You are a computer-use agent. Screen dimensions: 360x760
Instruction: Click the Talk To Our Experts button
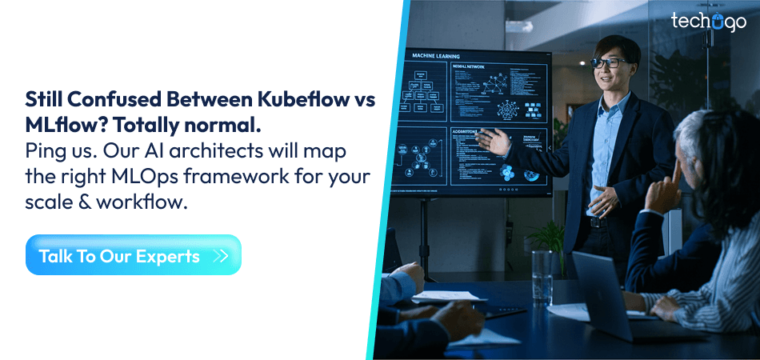[133, 255]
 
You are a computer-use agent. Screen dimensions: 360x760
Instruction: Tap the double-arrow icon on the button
[222, 256]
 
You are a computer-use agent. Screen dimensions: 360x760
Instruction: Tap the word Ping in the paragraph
[46, 150]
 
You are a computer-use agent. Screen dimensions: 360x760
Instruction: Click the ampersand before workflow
[76, 201]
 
